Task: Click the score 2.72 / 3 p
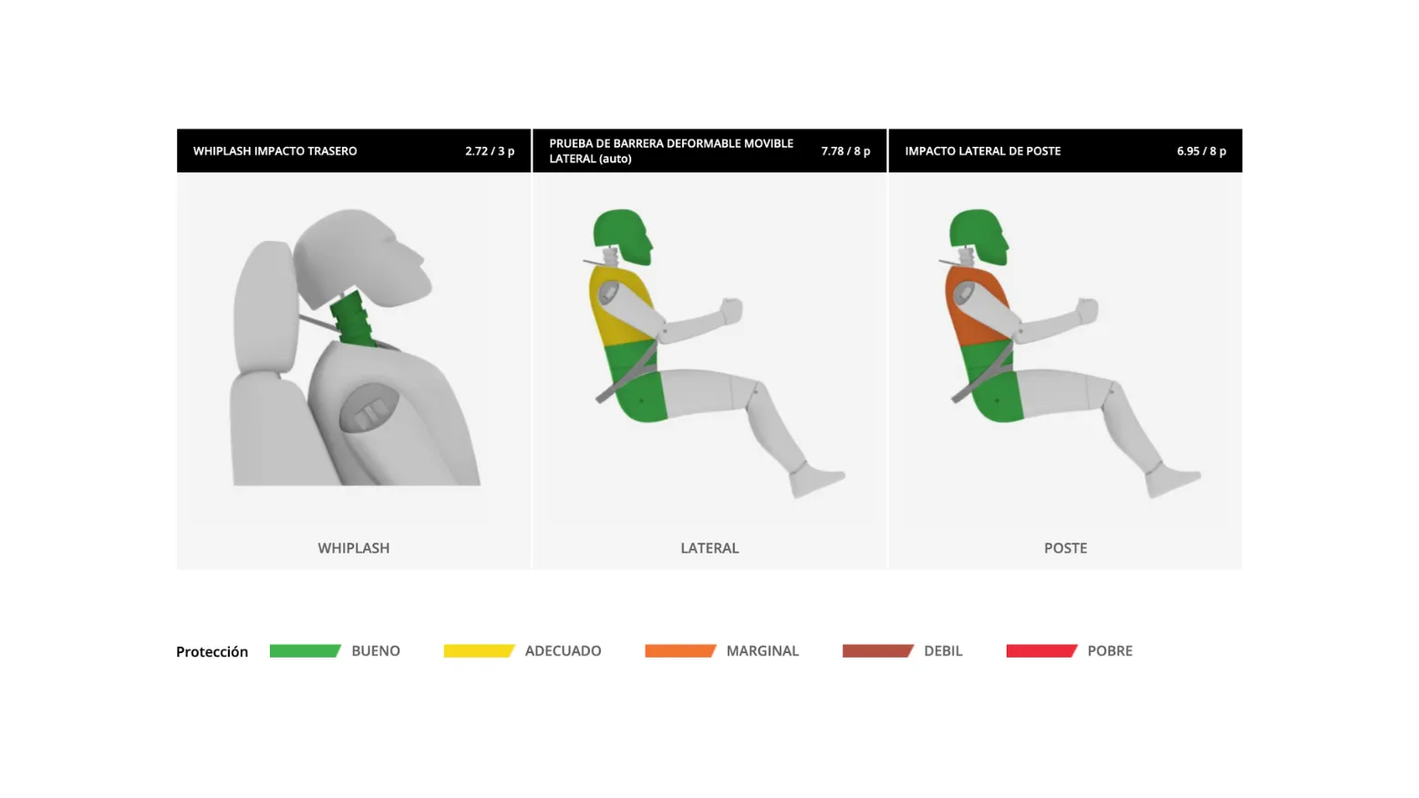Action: point(490,151)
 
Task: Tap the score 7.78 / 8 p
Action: point(845,151)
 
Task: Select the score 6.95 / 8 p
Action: point(1202,151)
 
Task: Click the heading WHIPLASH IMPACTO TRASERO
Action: point(274,151)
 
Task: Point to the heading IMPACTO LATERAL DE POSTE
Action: point(982,151)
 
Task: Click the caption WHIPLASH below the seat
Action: point(354,548)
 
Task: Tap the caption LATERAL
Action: point(709,548)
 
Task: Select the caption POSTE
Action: point(1065,548)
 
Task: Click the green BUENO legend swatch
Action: point(306,651)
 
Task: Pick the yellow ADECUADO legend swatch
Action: point(479,651)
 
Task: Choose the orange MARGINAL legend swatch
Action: point(680,651)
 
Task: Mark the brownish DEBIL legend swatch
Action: point(878,651)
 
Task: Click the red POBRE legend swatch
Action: point(1041,651)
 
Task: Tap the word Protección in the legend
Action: point(212,652)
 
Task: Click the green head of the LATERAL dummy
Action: point(621,234)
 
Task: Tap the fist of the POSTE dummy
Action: point(1088,310)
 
